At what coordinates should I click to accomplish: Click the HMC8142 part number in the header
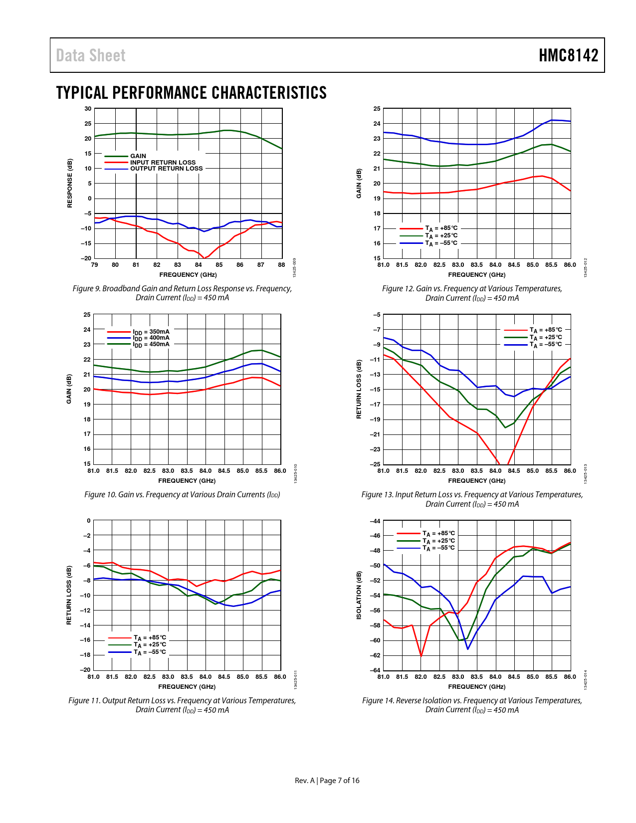(x=568, y=55)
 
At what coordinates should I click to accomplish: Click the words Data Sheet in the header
(x=91, y=55)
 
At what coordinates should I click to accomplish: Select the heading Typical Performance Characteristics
(x=191, y=93)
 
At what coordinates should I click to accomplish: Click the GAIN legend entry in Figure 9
(x=138, y=156)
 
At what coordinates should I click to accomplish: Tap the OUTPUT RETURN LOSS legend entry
(x=166, y=169)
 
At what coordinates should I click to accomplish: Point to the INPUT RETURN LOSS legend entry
(x=163, y=163)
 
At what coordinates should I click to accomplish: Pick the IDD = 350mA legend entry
(x=151, y=332)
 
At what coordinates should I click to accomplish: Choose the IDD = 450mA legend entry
(x=151, y=344)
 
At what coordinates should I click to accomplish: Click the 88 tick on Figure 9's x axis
(x=281, y=265)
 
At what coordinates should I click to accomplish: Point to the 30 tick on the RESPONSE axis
(x=88, y=109)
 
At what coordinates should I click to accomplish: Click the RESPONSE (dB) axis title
(x=70, y=183)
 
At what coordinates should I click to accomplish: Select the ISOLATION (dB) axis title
(x=359, y=596)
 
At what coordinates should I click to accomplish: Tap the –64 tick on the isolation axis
(x=375, y=670)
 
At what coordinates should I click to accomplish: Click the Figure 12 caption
(x=472, y=293)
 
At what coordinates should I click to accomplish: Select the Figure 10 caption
(x=182, y=495)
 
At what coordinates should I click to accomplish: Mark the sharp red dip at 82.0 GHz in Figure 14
(x=421, y=655)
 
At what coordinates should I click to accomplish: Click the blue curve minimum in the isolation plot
(x=467, y=648)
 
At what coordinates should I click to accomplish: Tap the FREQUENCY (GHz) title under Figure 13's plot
(x=476, y=481)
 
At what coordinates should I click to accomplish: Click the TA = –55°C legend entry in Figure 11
(x=150, y=652)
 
